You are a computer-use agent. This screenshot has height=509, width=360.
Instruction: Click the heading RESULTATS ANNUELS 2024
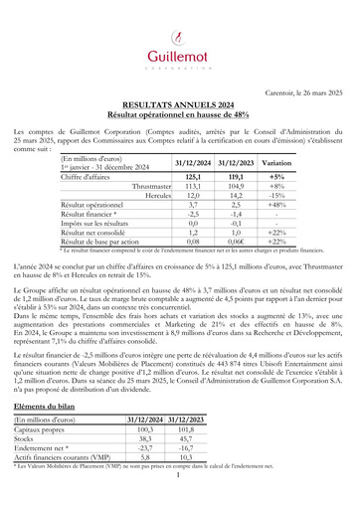coord(179,103)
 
